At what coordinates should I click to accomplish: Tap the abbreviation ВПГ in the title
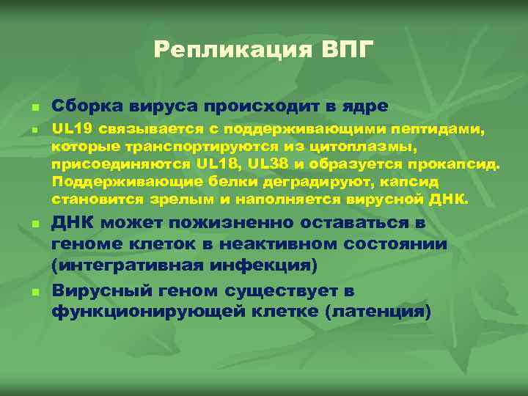tap(348, 50)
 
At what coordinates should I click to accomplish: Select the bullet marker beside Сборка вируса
tap(34, 109)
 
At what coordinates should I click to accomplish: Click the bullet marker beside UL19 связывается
tap(34, 131)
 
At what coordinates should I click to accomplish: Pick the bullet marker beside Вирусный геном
tap(34, 293)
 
